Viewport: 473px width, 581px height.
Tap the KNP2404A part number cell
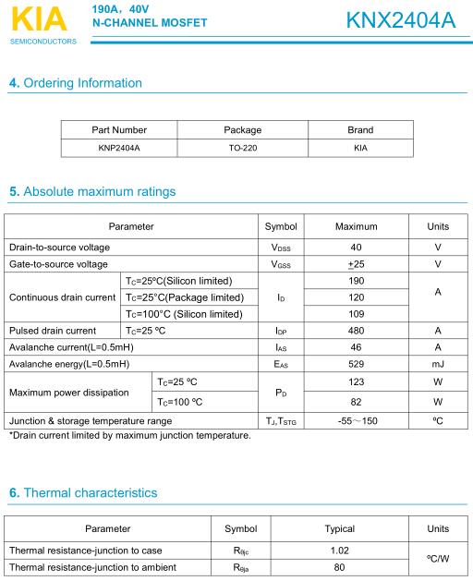pos(119,147)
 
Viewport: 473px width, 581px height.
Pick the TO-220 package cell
pos(243,147)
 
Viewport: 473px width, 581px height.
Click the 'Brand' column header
pos(359,130)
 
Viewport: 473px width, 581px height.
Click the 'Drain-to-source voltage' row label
pos(59,248)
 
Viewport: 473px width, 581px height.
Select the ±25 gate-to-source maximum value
pos(356,264)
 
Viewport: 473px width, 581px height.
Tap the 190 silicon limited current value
pos(356,281)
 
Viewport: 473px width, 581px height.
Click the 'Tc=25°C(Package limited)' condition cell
pos(185,297)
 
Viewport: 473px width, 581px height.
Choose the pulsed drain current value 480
pos(356,331)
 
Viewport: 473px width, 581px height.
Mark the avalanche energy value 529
pos(356,364)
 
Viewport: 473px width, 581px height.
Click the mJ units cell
pos(438,364)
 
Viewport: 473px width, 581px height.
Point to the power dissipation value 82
pos(356,402)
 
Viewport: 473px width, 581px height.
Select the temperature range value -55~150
pos(356,421)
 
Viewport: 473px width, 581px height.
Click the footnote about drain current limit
pos(129,436)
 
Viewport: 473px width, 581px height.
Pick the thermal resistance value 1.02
pos(339,551)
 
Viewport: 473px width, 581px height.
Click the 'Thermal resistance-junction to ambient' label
pos(92,567)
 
